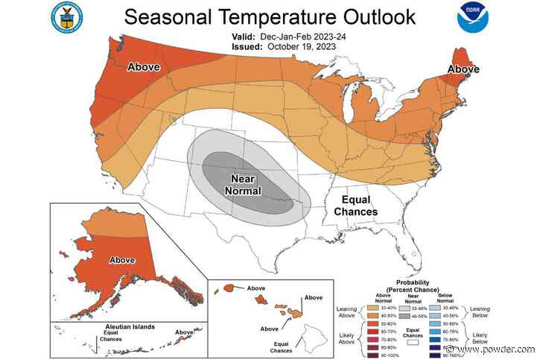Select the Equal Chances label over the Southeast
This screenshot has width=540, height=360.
click(x=355, y=205)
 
